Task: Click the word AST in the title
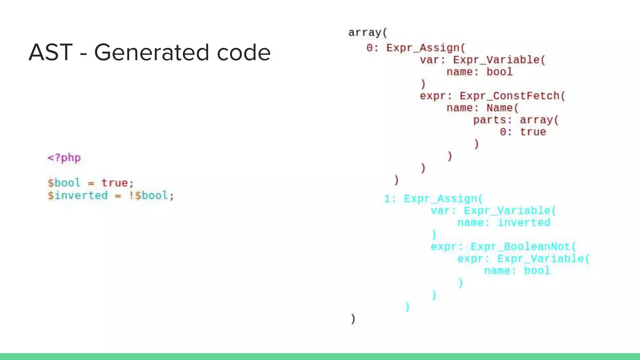(51, 52)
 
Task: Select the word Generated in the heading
(151, 52)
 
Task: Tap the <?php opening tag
(64, 158)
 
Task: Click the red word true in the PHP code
(114, 183)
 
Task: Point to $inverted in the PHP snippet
(77, 196)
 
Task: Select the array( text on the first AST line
(367, 32)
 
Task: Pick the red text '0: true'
(523, 132)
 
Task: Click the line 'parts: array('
(516, 120)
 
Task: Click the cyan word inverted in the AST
(524, 223)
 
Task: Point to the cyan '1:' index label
(390, 199)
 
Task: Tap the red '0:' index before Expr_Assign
(372, 48)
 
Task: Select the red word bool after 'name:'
(499, 72)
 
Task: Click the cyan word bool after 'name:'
(537, 271)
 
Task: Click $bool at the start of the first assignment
(64, 183)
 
